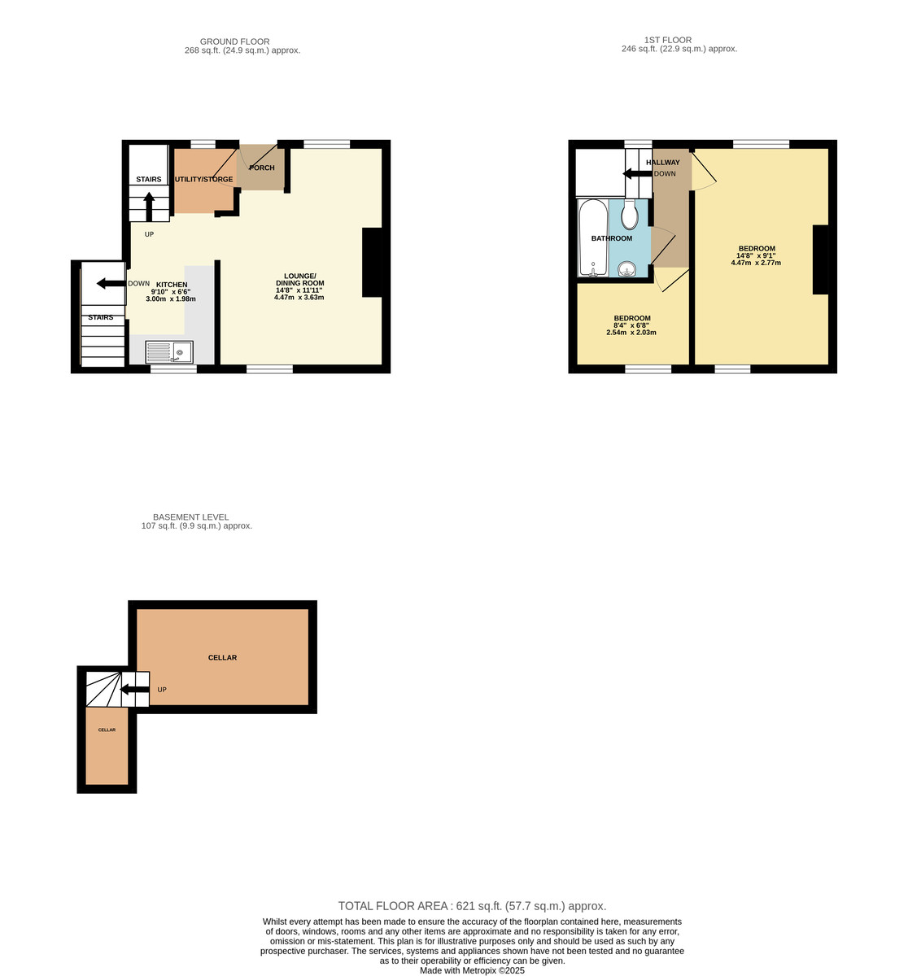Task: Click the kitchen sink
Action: [169, 352]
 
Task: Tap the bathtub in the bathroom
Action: [592, 237]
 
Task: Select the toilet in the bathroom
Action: [629, 216]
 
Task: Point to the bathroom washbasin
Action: [627, 269]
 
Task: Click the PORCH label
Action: [261, 168]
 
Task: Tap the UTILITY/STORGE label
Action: [203, 180]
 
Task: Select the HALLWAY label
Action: [662, 163]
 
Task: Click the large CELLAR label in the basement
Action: [222, 657]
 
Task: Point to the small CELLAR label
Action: [107, 730]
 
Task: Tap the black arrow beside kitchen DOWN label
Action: [110, 284]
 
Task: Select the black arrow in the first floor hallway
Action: [636, 173]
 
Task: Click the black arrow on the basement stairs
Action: [134, 691]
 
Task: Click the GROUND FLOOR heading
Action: [234, 41]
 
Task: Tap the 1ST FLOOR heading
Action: [667, 40]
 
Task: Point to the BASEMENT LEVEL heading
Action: [190, 517]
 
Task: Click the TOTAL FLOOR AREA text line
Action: [472, 906]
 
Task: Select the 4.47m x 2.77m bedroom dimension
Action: [756, 263]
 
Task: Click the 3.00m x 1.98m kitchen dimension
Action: [170, 299]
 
